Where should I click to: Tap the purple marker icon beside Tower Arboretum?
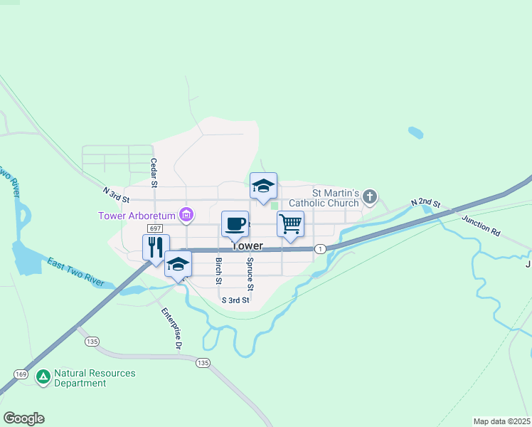187,213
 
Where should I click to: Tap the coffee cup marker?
235,225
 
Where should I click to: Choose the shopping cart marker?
290,224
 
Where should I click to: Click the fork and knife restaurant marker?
156,247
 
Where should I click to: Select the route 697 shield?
156,228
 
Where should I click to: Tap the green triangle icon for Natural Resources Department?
43,377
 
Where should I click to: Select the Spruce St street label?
250,274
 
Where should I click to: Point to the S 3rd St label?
235,300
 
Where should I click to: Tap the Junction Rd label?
481,226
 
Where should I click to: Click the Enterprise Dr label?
171,329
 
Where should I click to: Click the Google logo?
23,418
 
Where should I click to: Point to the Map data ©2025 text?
501,421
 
